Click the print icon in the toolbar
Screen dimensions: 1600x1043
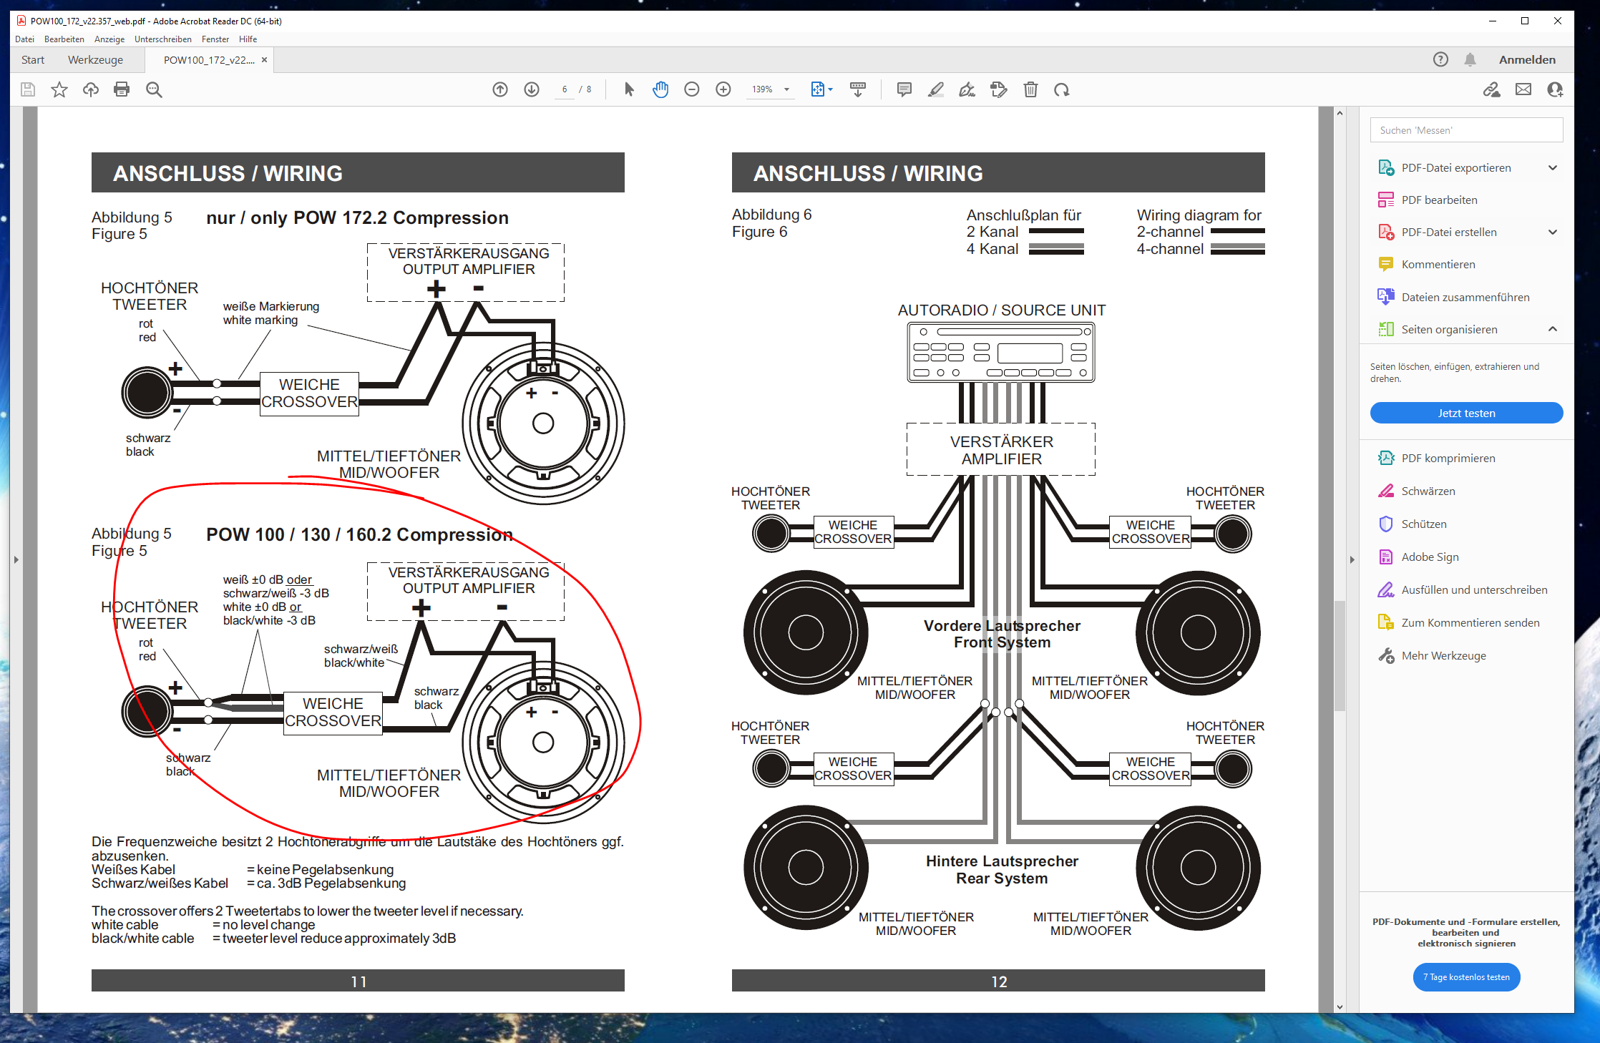(x=122, y=89)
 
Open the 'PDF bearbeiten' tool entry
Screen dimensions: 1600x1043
(x=1439, y=200)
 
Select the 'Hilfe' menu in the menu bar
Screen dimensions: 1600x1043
(x=248, y=39)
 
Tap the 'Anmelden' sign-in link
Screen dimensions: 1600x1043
(x=1527, y=59)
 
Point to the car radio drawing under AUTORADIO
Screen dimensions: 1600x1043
(x=1001, y=352)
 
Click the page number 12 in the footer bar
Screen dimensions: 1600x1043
(x=999, y=981)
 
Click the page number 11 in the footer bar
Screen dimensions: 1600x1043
(x=358, y=981)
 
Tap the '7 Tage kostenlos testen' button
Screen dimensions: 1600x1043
(x=1466, y=977)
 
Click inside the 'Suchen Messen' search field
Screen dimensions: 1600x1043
(x=1466, y=130)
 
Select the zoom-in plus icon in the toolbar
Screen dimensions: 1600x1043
(x=723, y=89)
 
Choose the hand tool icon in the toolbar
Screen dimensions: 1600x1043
(x=660, y=89)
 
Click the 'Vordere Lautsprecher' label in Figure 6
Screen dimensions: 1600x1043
(x=1002, y=626)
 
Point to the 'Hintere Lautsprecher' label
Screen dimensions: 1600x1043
(x=1002, y=861)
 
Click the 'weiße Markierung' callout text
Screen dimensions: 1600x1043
(x=271, y=306)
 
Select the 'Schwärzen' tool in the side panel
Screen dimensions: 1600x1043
(x=1428, y=491)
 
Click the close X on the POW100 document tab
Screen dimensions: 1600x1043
(x=264, y=60)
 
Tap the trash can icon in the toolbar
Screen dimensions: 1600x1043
(x=1030, y=89)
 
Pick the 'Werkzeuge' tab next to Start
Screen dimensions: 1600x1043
(x=95, y=60)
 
